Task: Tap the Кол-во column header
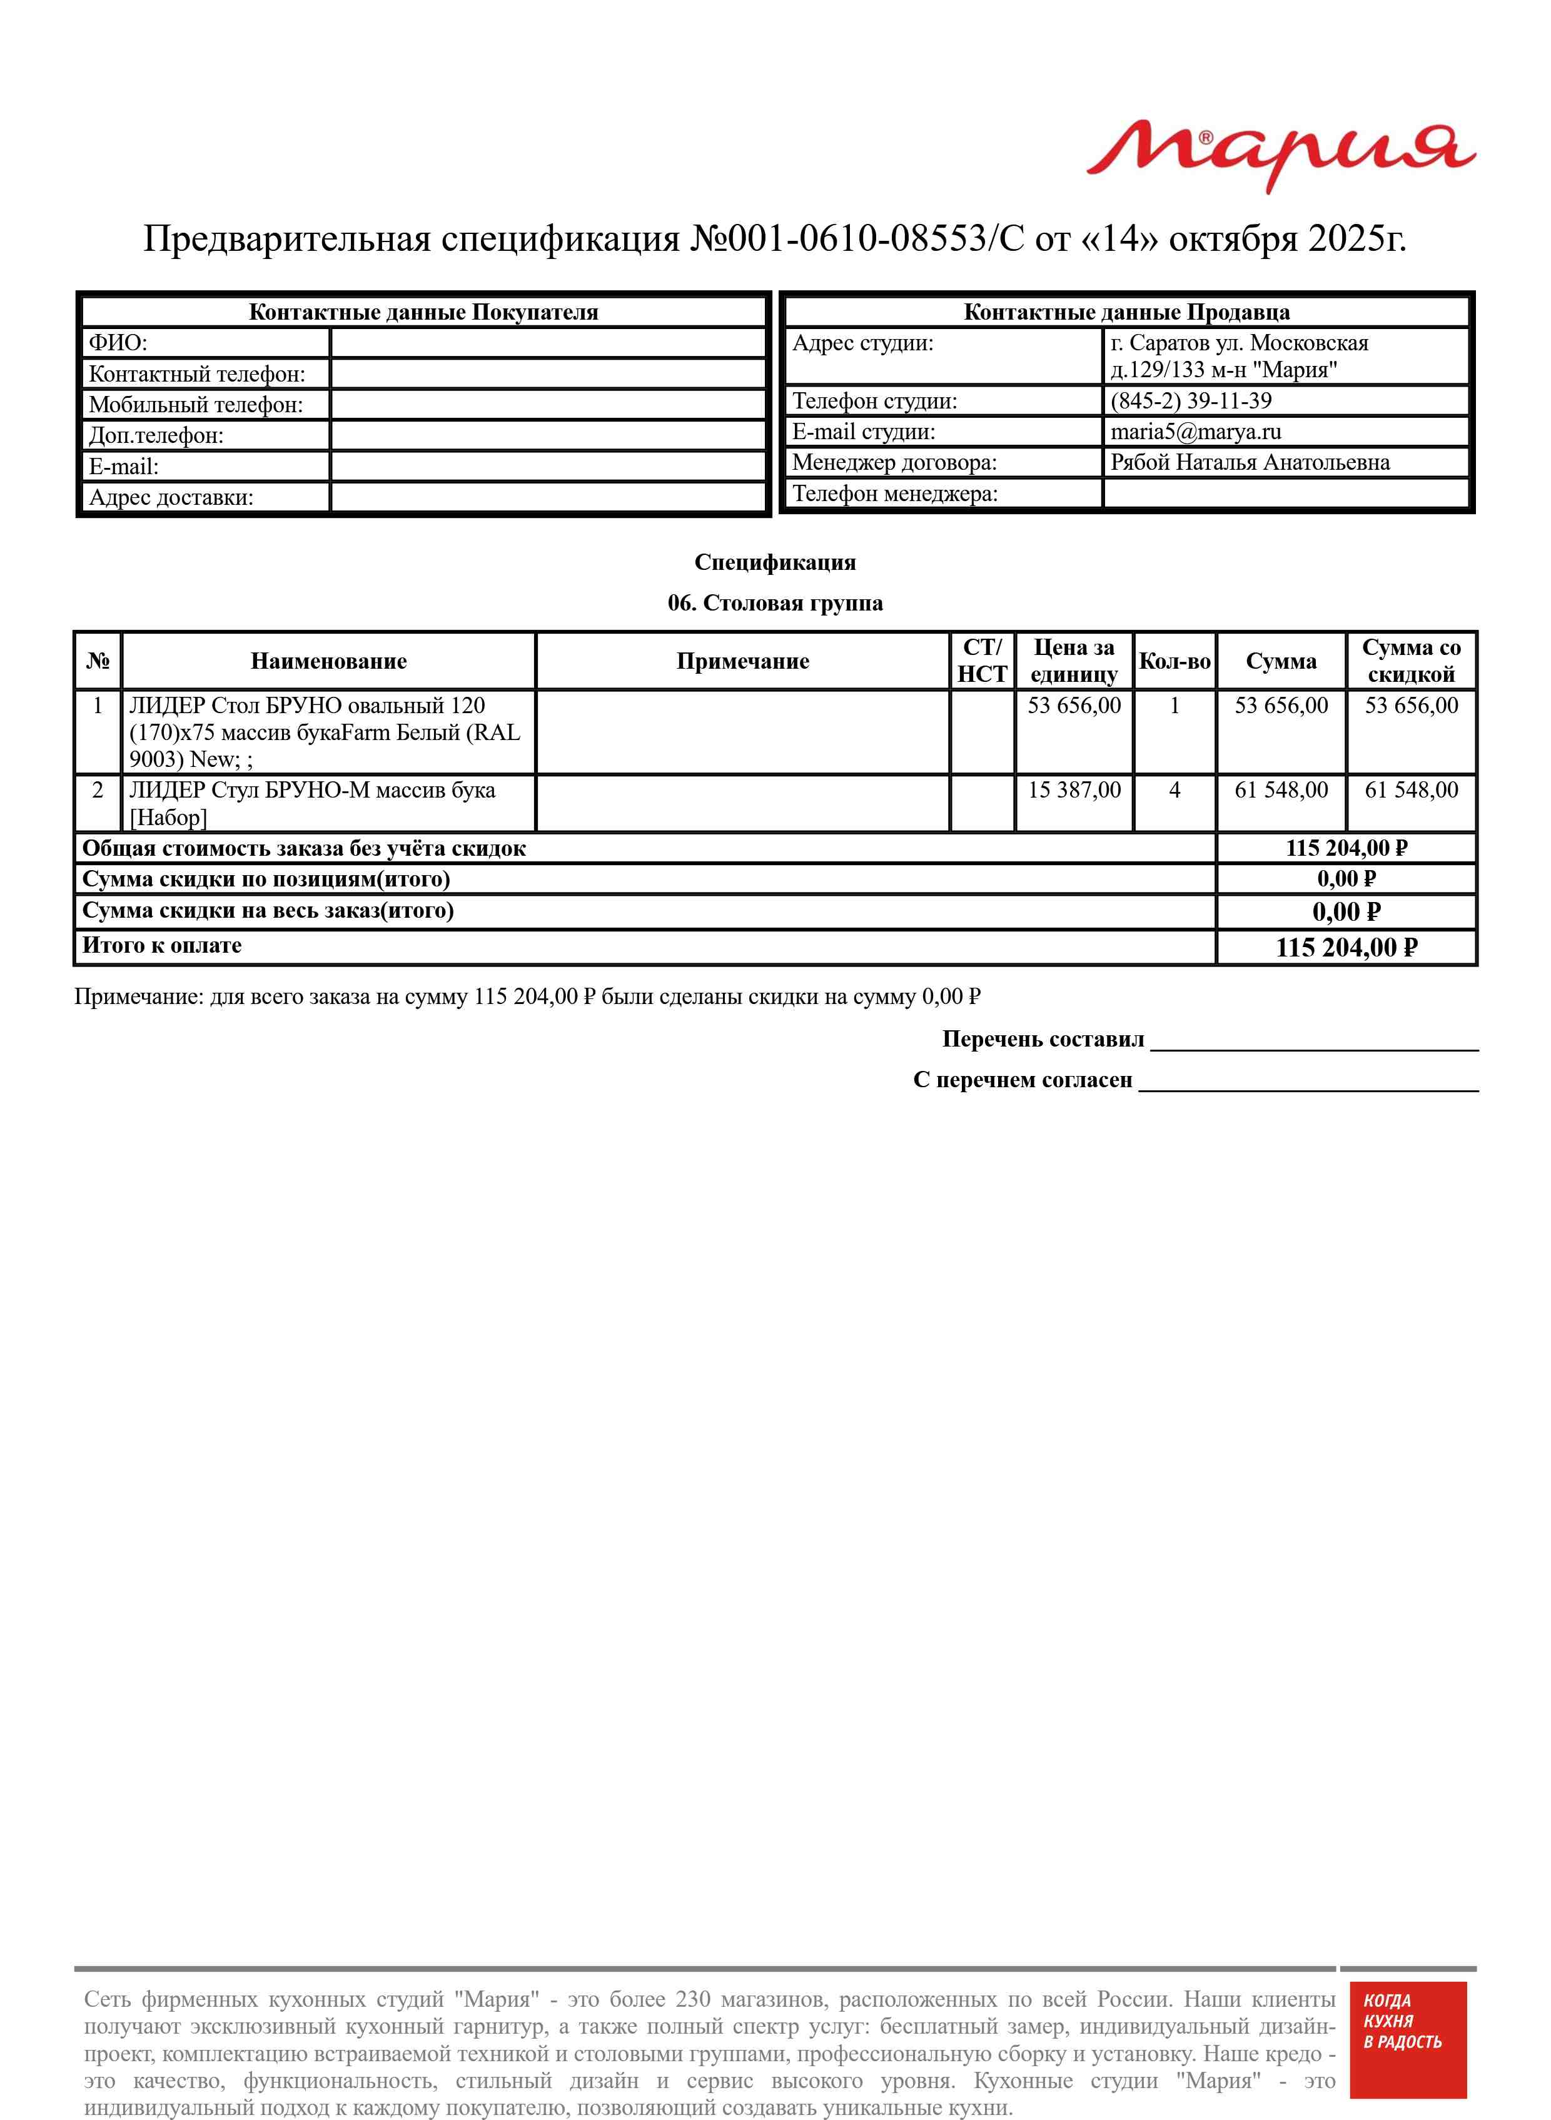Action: (x=1174, y=661)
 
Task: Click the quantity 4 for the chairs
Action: (x=1175, y=791)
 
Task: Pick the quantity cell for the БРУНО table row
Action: (x=1175, y=706)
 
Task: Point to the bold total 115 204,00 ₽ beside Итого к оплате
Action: (x=1346, y=947)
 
